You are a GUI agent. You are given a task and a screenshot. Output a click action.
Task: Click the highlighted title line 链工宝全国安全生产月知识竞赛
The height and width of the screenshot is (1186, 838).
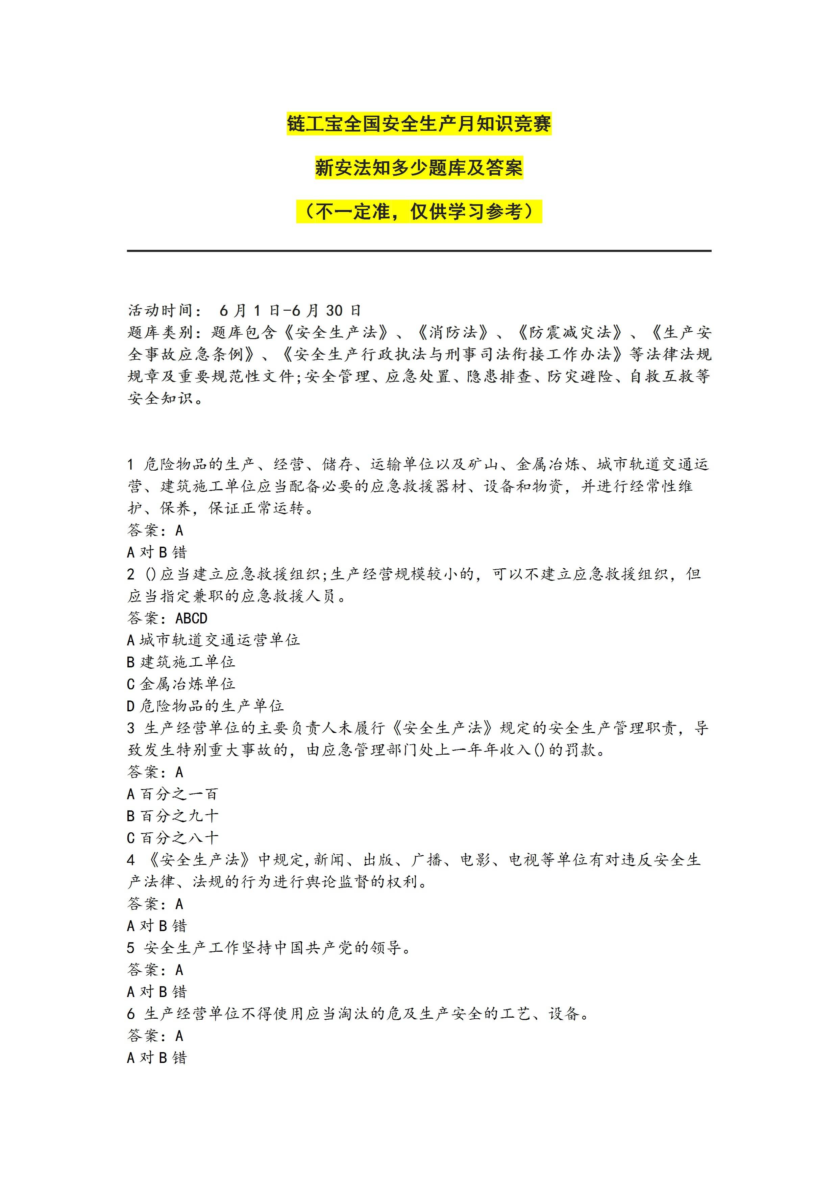[x=419, y=124]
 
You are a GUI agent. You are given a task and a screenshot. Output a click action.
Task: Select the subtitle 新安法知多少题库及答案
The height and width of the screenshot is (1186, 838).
[x=419, y=168]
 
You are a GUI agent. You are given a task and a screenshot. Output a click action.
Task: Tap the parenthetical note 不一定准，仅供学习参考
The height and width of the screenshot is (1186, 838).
[x=419, y=212]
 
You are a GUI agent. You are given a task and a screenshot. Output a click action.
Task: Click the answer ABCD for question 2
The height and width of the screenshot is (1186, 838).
[x=192, y=618]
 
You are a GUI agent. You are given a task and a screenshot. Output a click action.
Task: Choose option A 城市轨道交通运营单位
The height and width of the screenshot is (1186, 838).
[x=213, y=640]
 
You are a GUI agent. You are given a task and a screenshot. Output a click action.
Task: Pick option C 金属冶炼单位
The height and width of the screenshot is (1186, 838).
[x=181, y=684]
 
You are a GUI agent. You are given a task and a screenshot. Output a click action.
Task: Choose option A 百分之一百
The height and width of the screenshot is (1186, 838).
[x=172, y=794]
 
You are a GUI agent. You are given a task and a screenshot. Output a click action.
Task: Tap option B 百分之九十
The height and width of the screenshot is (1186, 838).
[x=172, y=816]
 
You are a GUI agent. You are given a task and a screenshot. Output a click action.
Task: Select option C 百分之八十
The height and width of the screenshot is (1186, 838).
[x=172, y=837]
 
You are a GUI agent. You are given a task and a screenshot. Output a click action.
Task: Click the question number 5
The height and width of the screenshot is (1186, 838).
[x=131, y=948]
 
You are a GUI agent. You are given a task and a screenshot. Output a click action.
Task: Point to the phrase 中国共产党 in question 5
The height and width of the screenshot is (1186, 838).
[x=314, y=948]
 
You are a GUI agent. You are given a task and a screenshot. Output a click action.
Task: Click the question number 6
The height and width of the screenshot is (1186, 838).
[x=131, y=1014]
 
